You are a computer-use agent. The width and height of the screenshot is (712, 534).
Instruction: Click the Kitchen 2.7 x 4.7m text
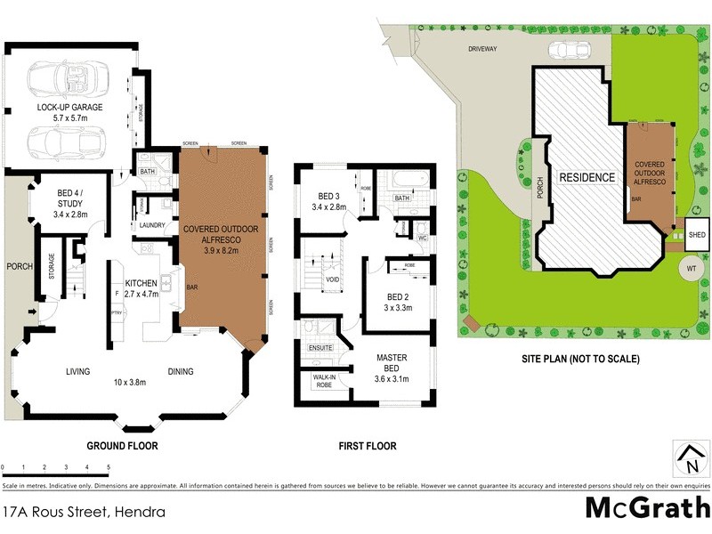pos(141,287)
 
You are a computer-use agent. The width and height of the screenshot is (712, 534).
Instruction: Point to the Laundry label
pos(151,225)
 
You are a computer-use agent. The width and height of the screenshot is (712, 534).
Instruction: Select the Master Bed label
pos(392,363)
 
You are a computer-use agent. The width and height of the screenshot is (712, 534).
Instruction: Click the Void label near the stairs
pos(331,279)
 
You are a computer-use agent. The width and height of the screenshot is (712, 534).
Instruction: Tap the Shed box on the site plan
pos(695,234)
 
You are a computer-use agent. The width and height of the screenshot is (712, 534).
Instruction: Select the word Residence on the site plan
pos(587,177)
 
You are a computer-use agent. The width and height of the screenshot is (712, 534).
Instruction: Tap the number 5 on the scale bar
pos(109,467)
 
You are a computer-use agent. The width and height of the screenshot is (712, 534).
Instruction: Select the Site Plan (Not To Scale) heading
pos(580,360)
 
